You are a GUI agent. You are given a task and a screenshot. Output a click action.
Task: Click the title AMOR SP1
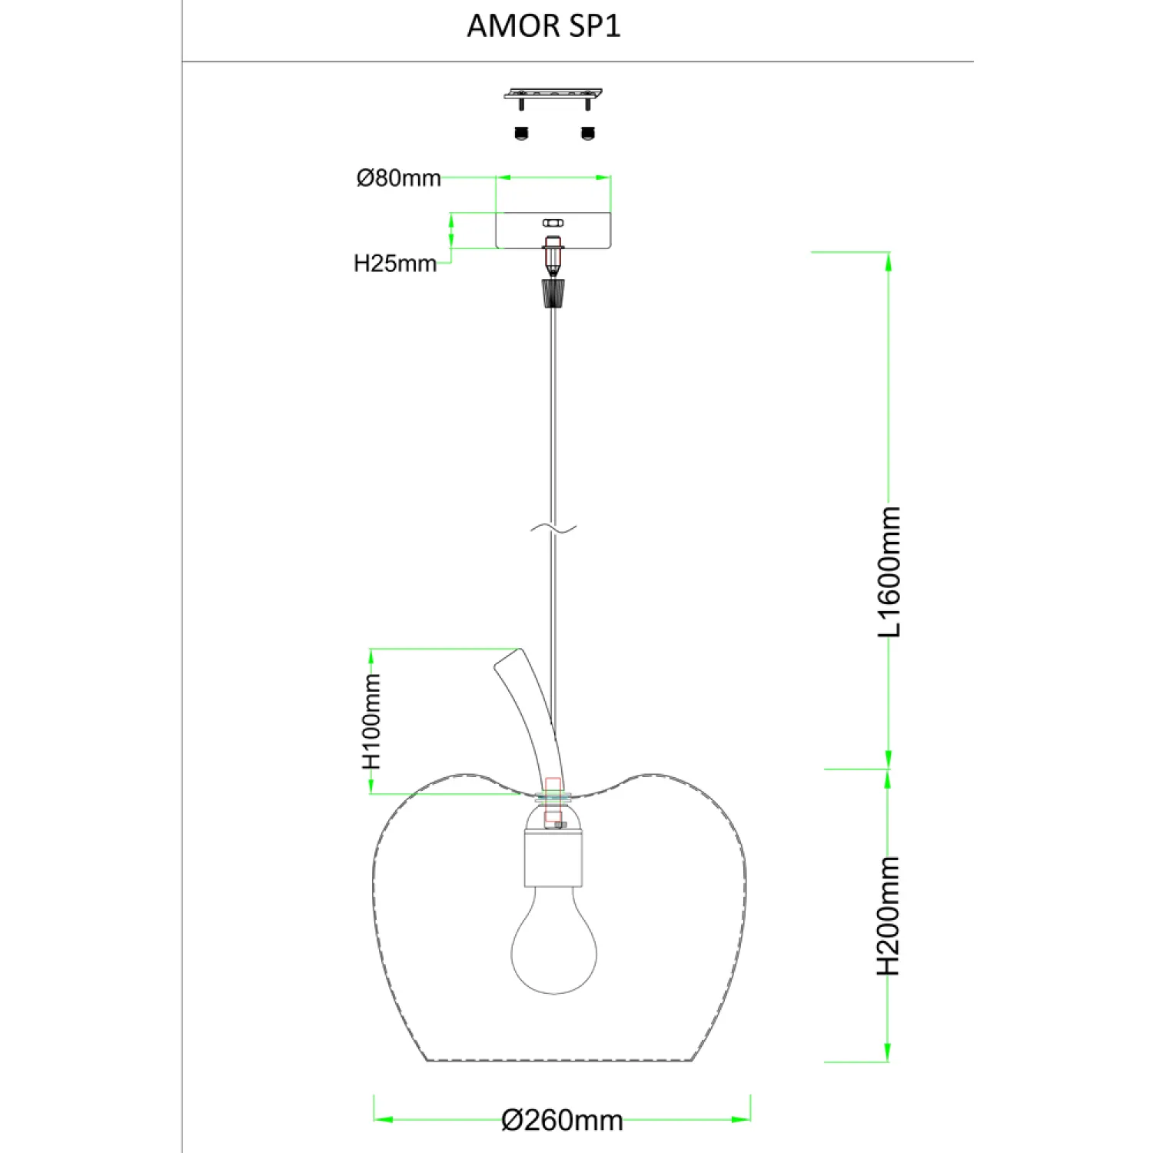pos(543,26)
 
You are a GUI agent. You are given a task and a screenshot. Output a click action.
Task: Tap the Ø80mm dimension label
pos(398,178)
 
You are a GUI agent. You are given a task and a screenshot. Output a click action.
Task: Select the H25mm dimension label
pos(395,264)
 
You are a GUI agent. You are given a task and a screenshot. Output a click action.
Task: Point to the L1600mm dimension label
pos(889,571)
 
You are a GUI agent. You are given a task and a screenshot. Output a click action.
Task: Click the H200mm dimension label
pos(889,916)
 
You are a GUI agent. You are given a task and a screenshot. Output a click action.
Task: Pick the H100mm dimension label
pos(371,722)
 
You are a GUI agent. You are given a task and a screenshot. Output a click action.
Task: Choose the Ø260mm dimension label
pos(562,1121)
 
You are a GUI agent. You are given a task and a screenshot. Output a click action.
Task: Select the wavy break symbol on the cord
pos(553,528)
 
